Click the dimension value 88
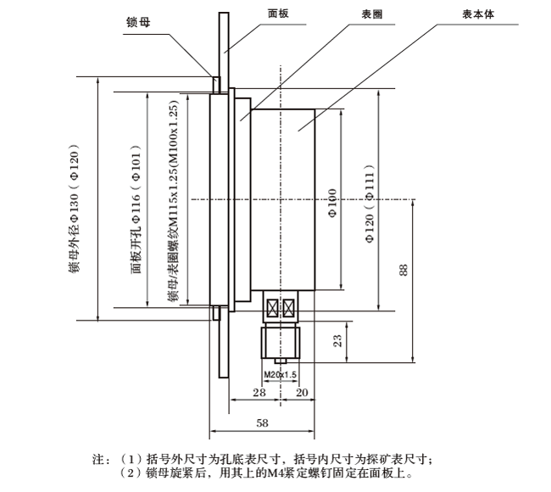click(x=404, y=270)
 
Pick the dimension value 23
click(x=336, y=340)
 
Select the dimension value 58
click(x=261, y=422)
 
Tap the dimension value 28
click(x=259, y=393)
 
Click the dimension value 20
click(x=301, y=393)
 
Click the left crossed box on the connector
click(x=273, y=306)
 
